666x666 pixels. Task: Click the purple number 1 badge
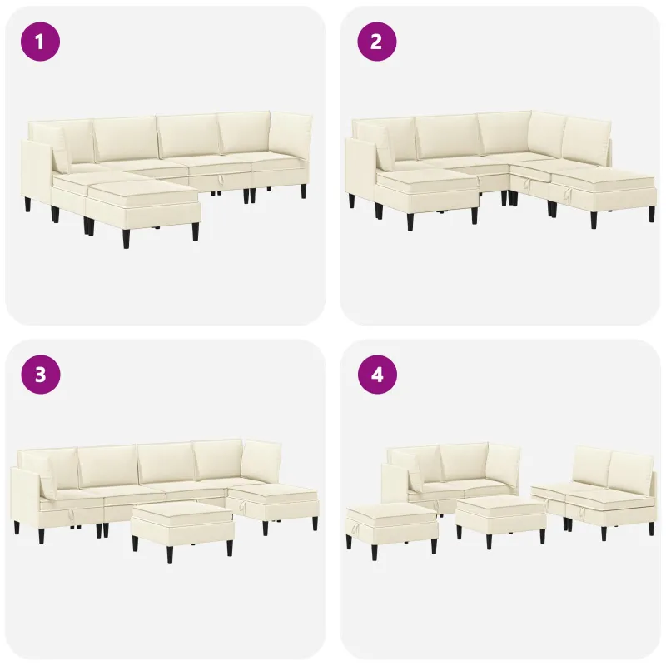tap(40, 42)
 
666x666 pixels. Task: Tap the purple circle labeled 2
tap(376, 42)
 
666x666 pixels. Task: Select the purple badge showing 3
tap(40, 375)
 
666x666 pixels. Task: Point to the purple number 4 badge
tap(376, 375)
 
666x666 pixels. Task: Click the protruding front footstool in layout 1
tap(142, 208)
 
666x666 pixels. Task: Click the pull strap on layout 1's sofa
tap(221, 181)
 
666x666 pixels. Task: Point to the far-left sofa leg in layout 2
tap(351, 201)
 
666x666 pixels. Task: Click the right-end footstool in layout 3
tap(274, 505)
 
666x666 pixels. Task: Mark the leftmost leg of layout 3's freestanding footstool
tap(135, 544)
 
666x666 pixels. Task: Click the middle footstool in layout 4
tap(501, 519)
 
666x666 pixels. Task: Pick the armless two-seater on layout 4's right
tap(594, 493)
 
